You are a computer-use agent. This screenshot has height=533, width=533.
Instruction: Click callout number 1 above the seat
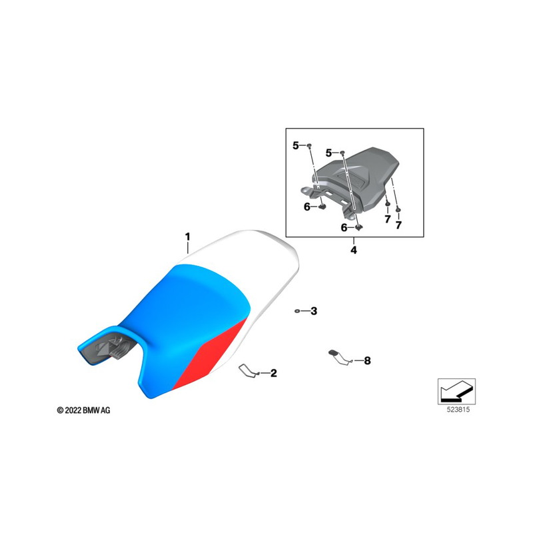point(187,237)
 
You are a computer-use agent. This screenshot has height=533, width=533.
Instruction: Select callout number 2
point(274,373)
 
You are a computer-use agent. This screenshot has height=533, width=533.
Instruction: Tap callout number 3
point(314,311)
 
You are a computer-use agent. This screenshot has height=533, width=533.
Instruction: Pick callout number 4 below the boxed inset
point(354,251)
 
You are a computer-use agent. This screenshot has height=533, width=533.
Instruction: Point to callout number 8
point(367,360)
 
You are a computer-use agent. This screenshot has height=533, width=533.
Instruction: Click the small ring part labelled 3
point(297,310)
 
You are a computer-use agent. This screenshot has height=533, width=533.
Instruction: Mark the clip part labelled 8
point(340,357)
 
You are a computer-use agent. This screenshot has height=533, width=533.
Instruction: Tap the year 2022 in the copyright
point(73,410)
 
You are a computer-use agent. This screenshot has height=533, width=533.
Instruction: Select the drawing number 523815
point(458,410)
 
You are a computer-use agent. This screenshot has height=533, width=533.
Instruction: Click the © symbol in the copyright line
point(60,410)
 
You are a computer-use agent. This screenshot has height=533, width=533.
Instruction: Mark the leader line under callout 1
point(187,248)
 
